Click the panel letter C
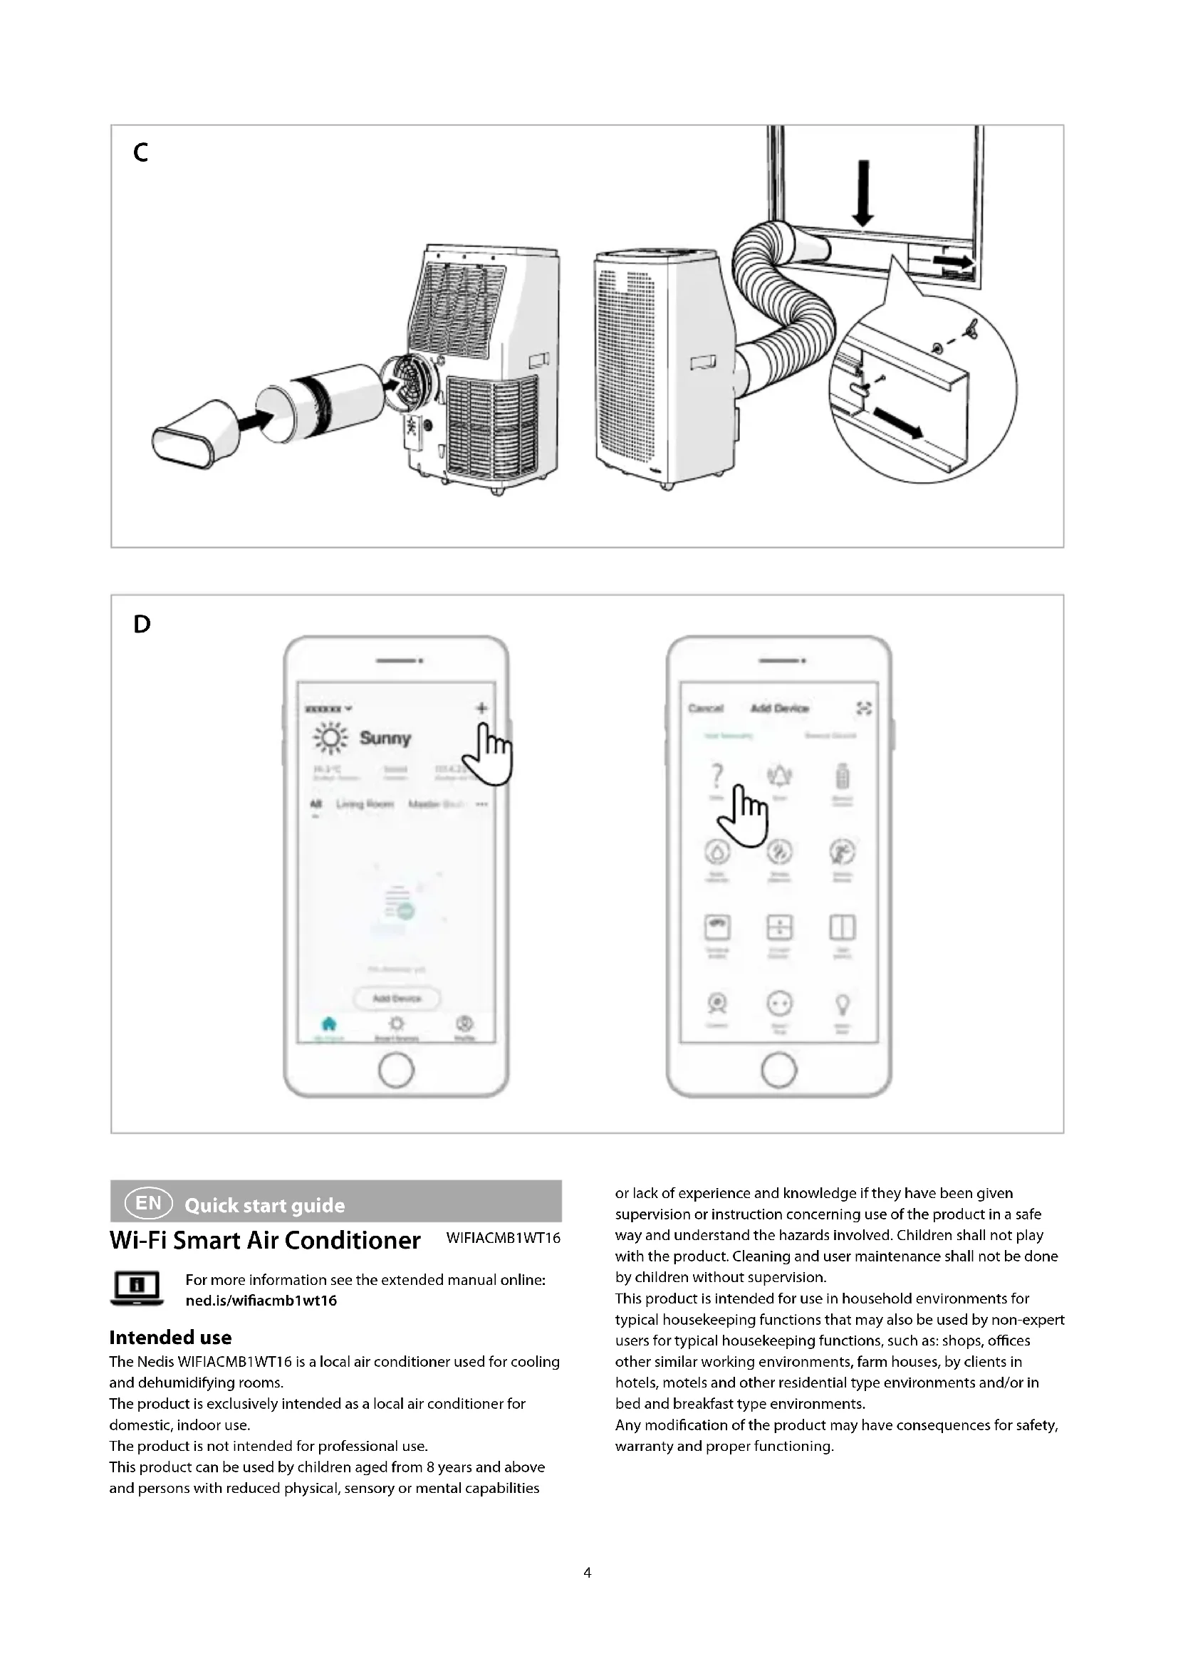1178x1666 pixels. (141, 152)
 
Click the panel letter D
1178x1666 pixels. (142, 624)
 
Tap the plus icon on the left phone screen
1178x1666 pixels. (481, 707)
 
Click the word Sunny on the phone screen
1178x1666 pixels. (385, 738)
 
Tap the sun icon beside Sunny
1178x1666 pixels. (330, 738)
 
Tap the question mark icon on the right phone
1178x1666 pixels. (716, 776)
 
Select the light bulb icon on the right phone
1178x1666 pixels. (842, 1005)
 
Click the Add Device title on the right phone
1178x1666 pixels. (780, 708)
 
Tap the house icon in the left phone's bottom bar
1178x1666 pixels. (328, 1024)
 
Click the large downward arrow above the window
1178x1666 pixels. (862, 193)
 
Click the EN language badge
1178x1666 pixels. (149, 1204)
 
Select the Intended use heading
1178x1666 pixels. (170, 1338)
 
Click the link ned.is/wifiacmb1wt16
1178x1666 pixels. (261, 1301)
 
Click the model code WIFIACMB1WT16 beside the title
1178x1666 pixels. (504, 1238)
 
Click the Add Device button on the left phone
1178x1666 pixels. (397, 999)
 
